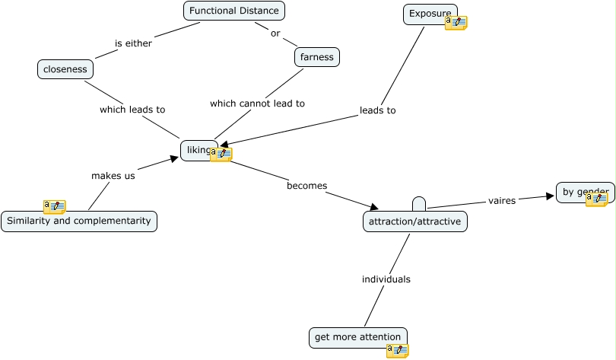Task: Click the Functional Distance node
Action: click(x=234, y=11)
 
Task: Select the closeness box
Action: click(x=65, y=69)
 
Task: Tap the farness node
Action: click(x=316, y=57)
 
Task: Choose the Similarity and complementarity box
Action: click(x=79, y=221)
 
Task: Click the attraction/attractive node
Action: click(x=415, y=221)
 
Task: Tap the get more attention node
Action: click(x=358, y=337)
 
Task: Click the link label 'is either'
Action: click(x=134, y=43)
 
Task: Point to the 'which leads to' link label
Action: click(x=132, y=110)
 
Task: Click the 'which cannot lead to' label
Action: click(x=257, y=104)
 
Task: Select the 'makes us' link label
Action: click(x=113, y=176)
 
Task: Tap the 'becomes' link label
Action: click(x=307, y=186)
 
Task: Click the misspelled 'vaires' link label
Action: click(x=502, y=201)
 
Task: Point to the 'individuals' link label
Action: click(x=386, y=279)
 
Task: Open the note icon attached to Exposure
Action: click(x=456, y=23)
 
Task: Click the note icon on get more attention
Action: click(x=398, y=350)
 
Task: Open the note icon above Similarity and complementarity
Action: click(x=55, y=206)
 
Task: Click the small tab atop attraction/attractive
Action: click(x=419, y=204)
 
